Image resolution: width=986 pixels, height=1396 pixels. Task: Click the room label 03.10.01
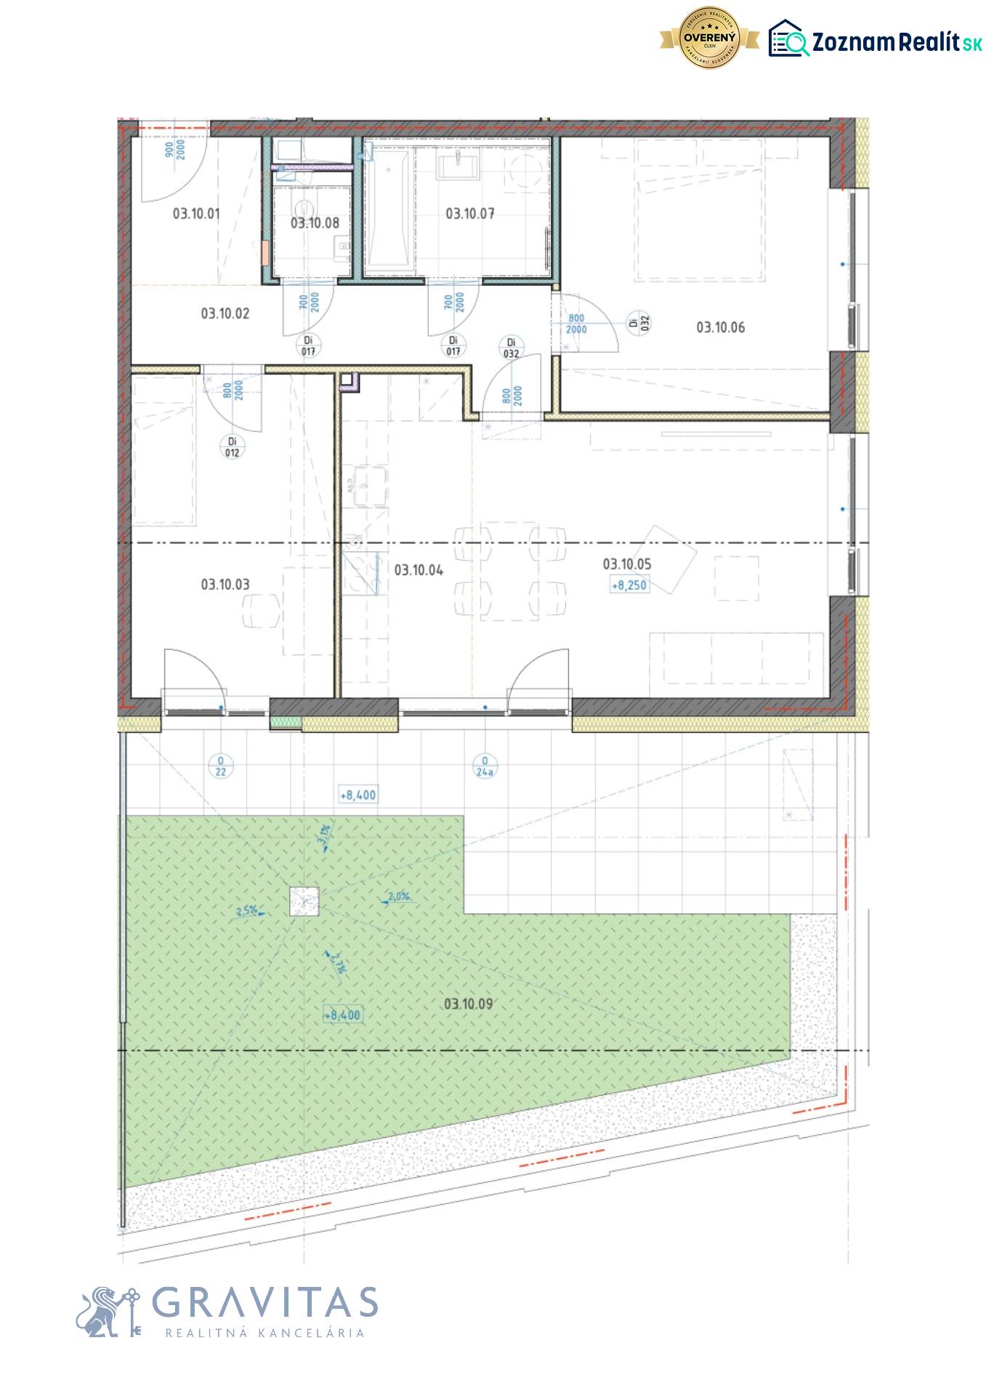point(195,214)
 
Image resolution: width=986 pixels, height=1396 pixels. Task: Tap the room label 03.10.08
point(315,223)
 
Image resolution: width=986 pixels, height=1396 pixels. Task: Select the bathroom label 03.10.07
point(470,214)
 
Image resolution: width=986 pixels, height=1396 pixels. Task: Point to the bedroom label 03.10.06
point(720,328)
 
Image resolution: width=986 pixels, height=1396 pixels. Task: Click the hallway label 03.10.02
point(225,314)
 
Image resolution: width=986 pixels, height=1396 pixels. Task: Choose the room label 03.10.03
point(225,585)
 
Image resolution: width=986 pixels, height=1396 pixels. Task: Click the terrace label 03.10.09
point(468,1004)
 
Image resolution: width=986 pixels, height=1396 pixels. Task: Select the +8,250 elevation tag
point(629,585)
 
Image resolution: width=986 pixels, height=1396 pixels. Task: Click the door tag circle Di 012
point(233,447)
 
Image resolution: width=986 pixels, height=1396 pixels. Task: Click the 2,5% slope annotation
point(247,910)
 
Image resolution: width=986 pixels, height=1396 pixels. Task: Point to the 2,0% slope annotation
point(398,897)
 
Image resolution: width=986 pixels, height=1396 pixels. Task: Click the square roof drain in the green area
point(304,902)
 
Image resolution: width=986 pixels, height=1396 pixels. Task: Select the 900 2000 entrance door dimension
point(174,151)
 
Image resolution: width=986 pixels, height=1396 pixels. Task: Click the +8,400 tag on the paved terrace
point(358,795)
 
